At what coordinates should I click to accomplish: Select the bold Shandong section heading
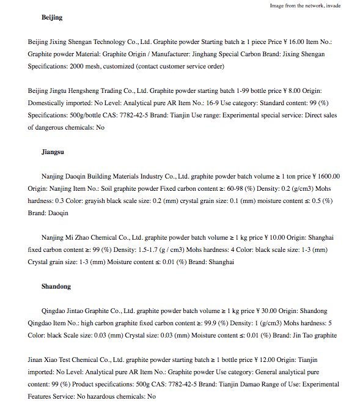[x=56, y=286]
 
